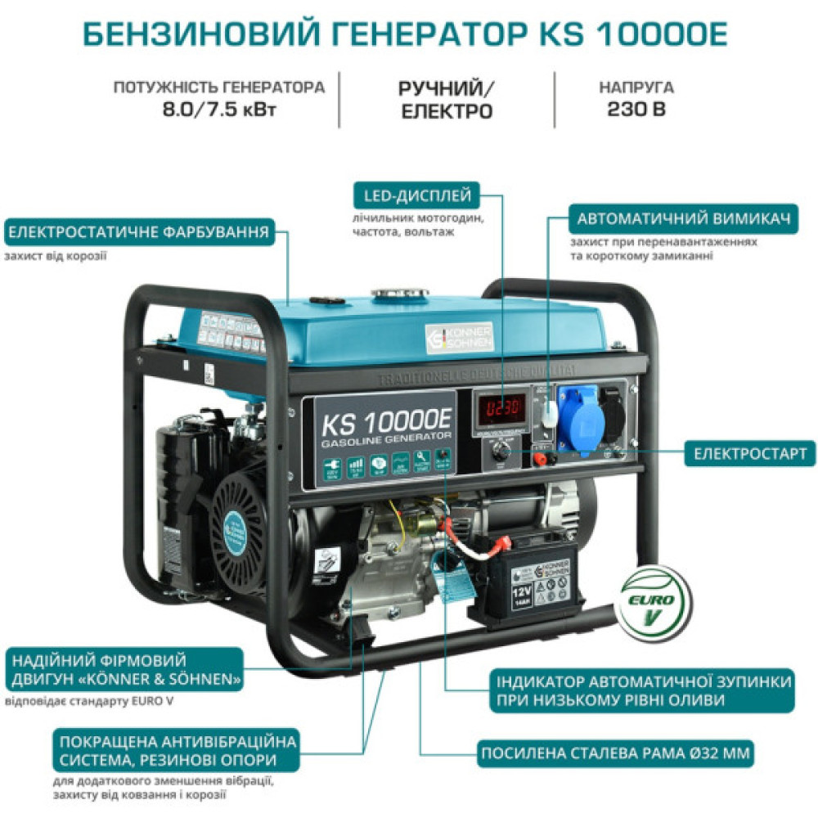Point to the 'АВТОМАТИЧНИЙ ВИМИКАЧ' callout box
683,219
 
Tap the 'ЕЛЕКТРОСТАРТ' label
750,452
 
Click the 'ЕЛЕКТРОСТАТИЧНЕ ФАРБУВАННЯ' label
138,232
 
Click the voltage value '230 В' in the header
636,109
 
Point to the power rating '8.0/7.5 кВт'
219,109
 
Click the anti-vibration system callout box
175,751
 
